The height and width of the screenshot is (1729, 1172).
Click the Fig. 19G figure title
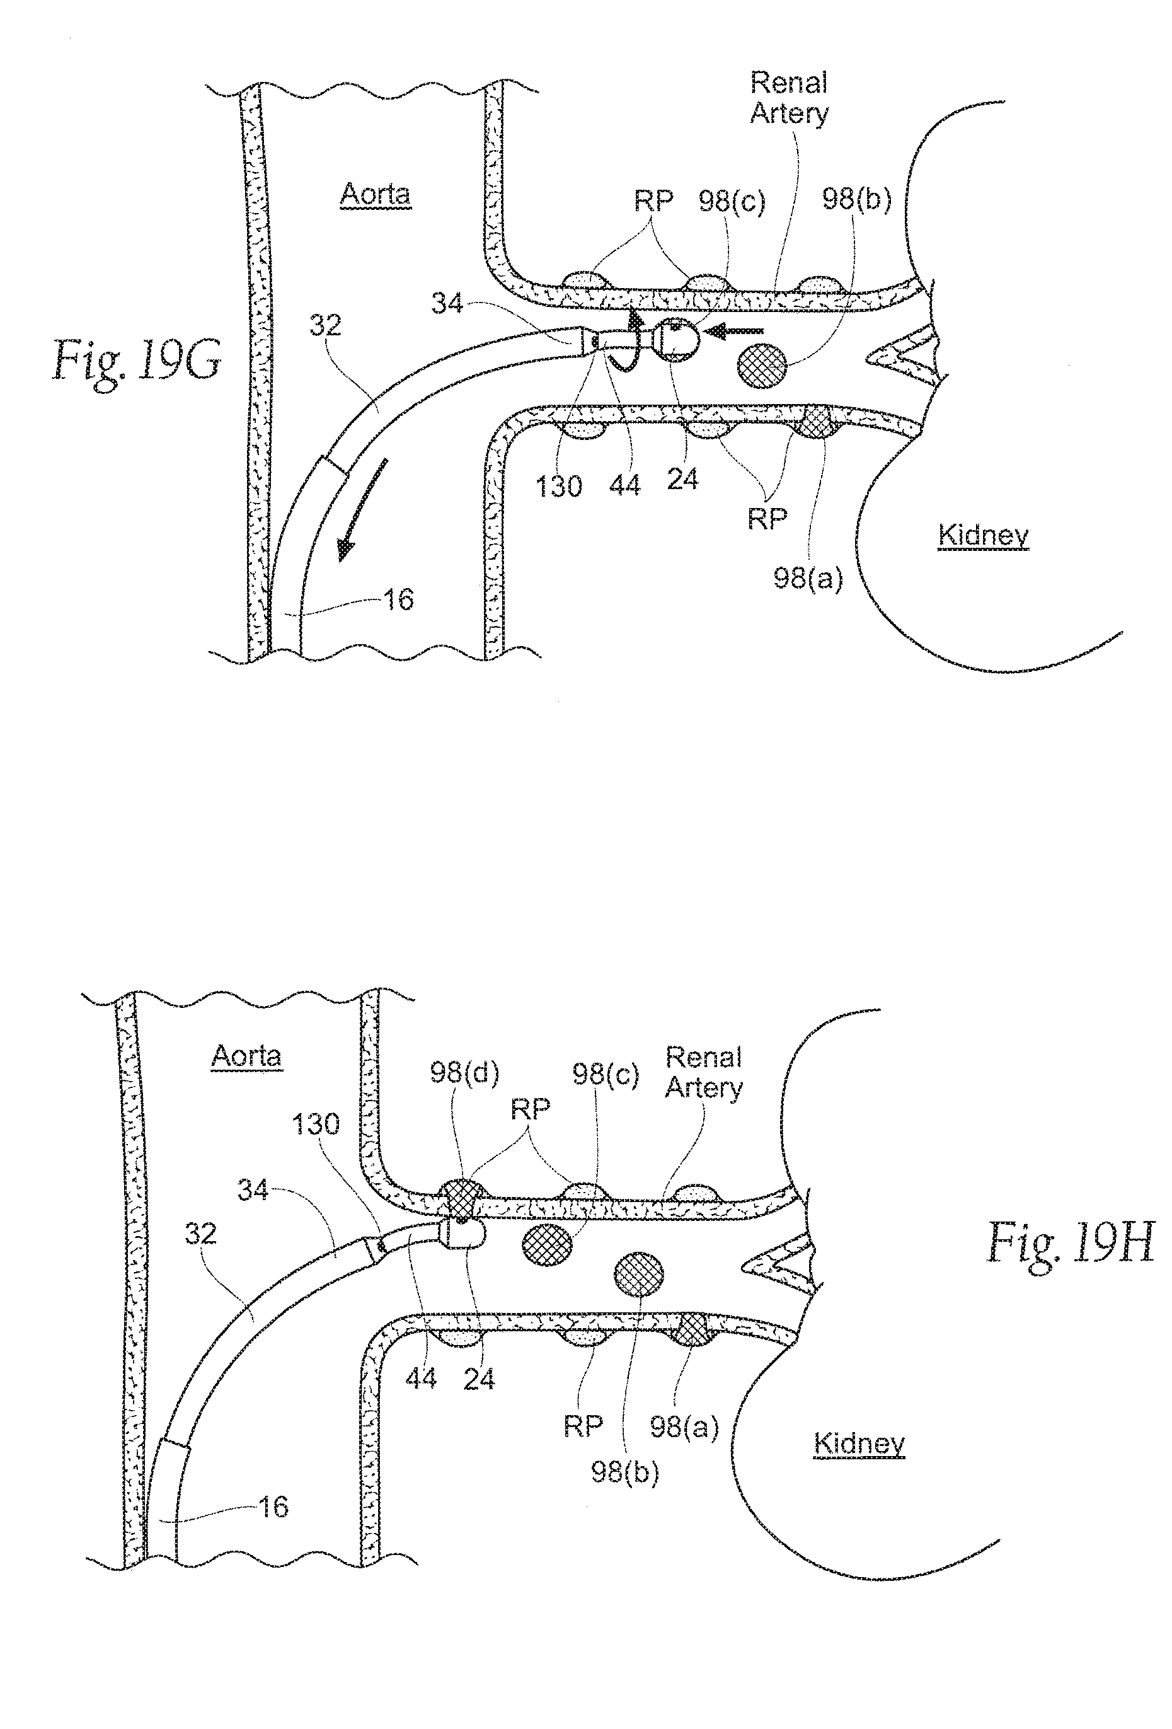[x=136, y=360]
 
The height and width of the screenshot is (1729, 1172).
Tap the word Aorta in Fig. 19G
[x=375, y=194]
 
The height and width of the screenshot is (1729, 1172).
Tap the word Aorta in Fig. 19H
[x=246, y=1056]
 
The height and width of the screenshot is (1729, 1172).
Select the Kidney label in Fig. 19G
[x=983, y=535]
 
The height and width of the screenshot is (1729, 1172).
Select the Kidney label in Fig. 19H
[x=859, y=1443]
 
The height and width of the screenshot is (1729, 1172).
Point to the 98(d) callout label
[x=464, y=1073]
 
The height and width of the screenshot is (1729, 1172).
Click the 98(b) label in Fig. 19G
[x=856, y=199]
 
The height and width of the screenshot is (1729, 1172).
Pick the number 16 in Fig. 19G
[x=398, y=599]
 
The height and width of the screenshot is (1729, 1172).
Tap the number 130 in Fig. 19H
[x=315, y=1123]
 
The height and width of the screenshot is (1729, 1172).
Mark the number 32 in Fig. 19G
[x=326, y=325]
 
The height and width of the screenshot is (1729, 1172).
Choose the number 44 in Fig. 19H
[x=421, y=1379]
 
